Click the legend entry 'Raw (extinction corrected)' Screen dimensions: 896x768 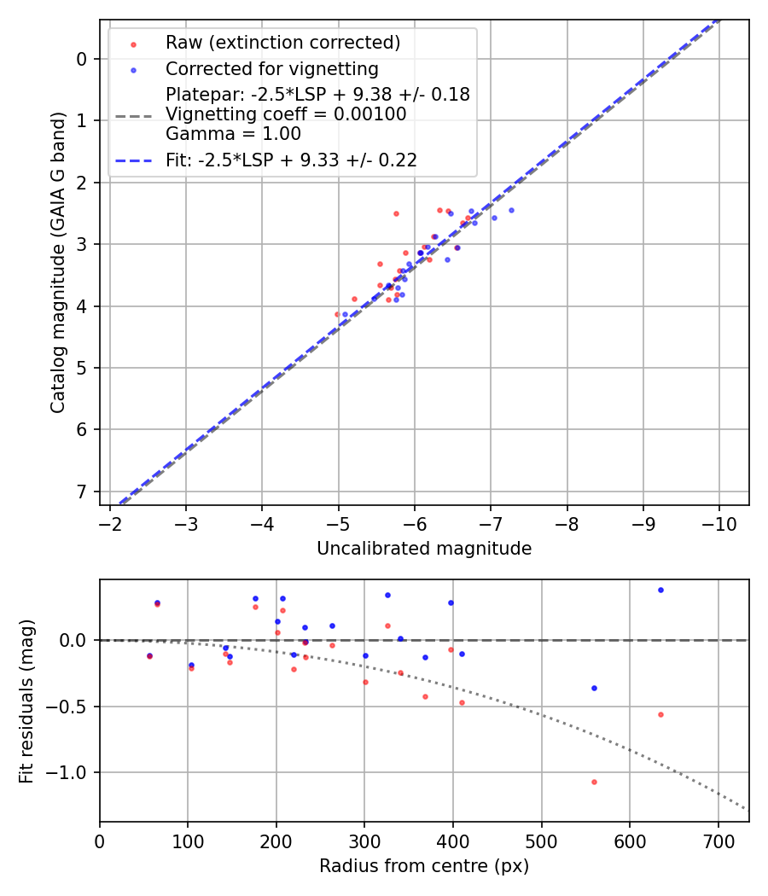point(282,43)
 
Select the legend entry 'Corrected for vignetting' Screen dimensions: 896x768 point(271,68)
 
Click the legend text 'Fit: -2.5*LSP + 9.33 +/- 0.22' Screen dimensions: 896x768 point(291,160)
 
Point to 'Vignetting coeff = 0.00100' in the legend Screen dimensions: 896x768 point(286,114)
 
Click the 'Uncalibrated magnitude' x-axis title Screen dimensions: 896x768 point(424,549)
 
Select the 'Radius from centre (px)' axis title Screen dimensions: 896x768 point(424,866)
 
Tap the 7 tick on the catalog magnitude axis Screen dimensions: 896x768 point(83,492)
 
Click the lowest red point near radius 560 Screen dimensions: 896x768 point(594,782)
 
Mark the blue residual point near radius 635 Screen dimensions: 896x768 point(660,590)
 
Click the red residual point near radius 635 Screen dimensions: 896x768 point(660,714)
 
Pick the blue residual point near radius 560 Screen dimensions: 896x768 point(594,688)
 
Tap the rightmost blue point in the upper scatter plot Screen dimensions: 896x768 point(511,210)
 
